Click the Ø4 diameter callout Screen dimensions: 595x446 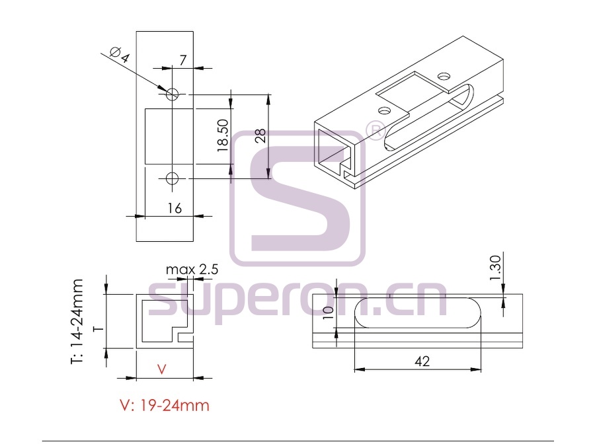coord(120,55)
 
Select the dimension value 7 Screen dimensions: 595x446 coord(183,60)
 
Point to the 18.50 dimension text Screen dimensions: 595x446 coord(223,135)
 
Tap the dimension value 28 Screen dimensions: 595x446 coord(260,135)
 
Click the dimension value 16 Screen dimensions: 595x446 coord(175,208)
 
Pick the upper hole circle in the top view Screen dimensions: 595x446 coord(173,93)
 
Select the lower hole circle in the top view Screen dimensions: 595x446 coord(173,178)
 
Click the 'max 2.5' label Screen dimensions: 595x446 coord(192,270)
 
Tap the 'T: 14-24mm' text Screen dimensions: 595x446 coord(77,322)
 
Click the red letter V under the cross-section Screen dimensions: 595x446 coord(162,369)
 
